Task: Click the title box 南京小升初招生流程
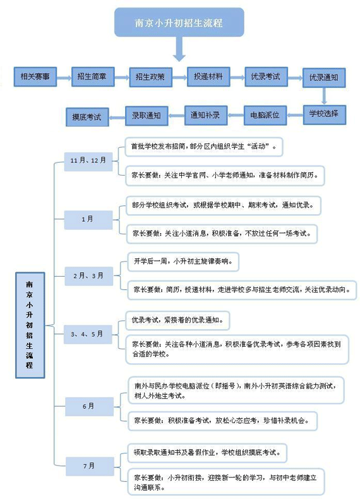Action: click(179, 22)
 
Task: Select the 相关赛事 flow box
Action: click(35, 76)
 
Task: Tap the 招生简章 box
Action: click(93, 76)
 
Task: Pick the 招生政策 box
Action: click(150, 77)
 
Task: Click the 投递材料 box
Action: click(208, 76)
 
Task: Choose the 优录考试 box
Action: click(266, 76)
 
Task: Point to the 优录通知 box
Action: click(324, 77)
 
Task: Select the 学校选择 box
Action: click(325, 114)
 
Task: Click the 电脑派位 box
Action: click(265, 115)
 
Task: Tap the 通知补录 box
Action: click(206, 115)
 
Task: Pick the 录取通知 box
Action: click(147, 116)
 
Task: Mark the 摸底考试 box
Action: click(88, 117)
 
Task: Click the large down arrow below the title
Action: click(179, 49)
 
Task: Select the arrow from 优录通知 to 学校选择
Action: click(324, 96)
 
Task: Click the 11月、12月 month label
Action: click(88, 161)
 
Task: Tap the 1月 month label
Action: click(88, 220)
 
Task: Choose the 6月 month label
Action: click(89, 406)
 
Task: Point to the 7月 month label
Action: click(90, 466)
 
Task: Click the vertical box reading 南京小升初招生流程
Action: click(30, 325)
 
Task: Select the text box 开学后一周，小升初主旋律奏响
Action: click(183, 262)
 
